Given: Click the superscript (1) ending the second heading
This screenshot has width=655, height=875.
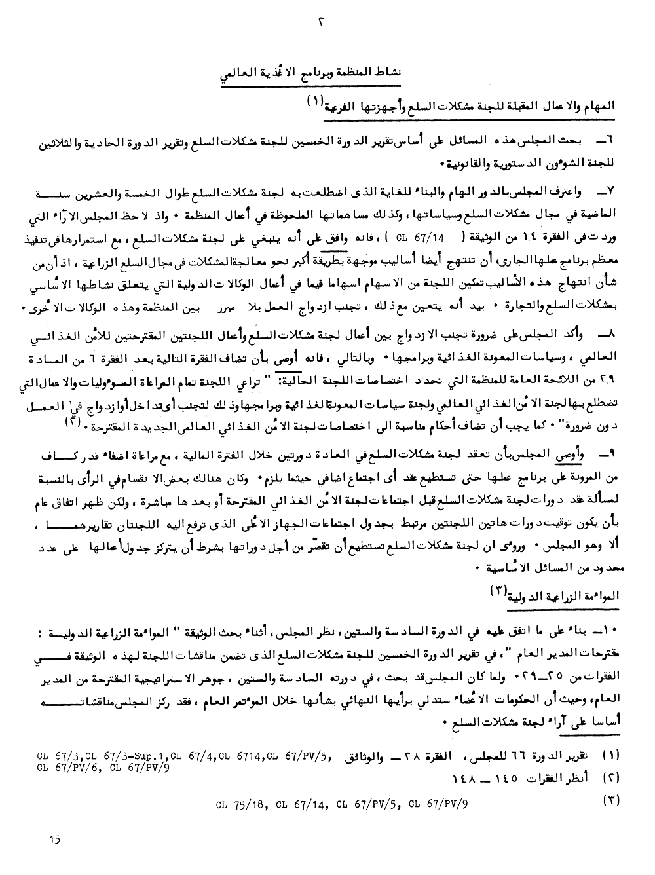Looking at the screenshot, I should pyautogui.click(x=313, y=102).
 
